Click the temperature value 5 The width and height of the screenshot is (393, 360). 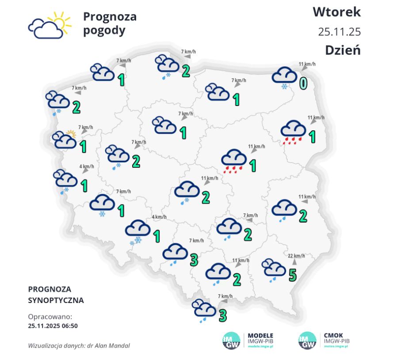coord(292,275)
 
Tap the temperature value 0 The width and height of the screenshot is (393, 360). coord(303,83)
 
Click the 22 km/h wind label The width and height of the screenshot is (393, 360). coord(296,256)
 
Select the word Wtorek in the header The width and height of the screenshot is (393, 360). coord(336,12)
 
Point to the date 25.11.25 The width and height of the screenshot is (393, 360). coord(339,32)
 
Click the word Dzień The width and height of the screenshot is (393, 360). coord(343,50)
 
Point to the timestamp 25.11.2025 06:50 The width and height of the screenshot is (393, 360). coord(53,326)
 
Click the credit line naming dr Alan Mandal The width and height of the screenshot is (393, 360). coord(79,345)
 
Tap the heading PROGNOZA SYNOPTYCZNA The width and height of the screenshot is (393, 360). coord(55,295)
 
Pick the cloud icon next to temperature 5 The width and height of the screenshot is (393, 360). coord(273,268)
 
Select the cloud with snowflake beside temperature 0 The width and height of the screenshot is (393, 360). coord(284,77)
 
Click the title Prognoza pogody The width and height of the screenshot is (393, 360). coord(110,23)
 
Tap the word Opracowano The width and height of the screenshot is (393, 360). coord(50,317)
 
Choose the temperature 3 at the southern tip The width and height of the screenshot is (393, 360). coord(223,315)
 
